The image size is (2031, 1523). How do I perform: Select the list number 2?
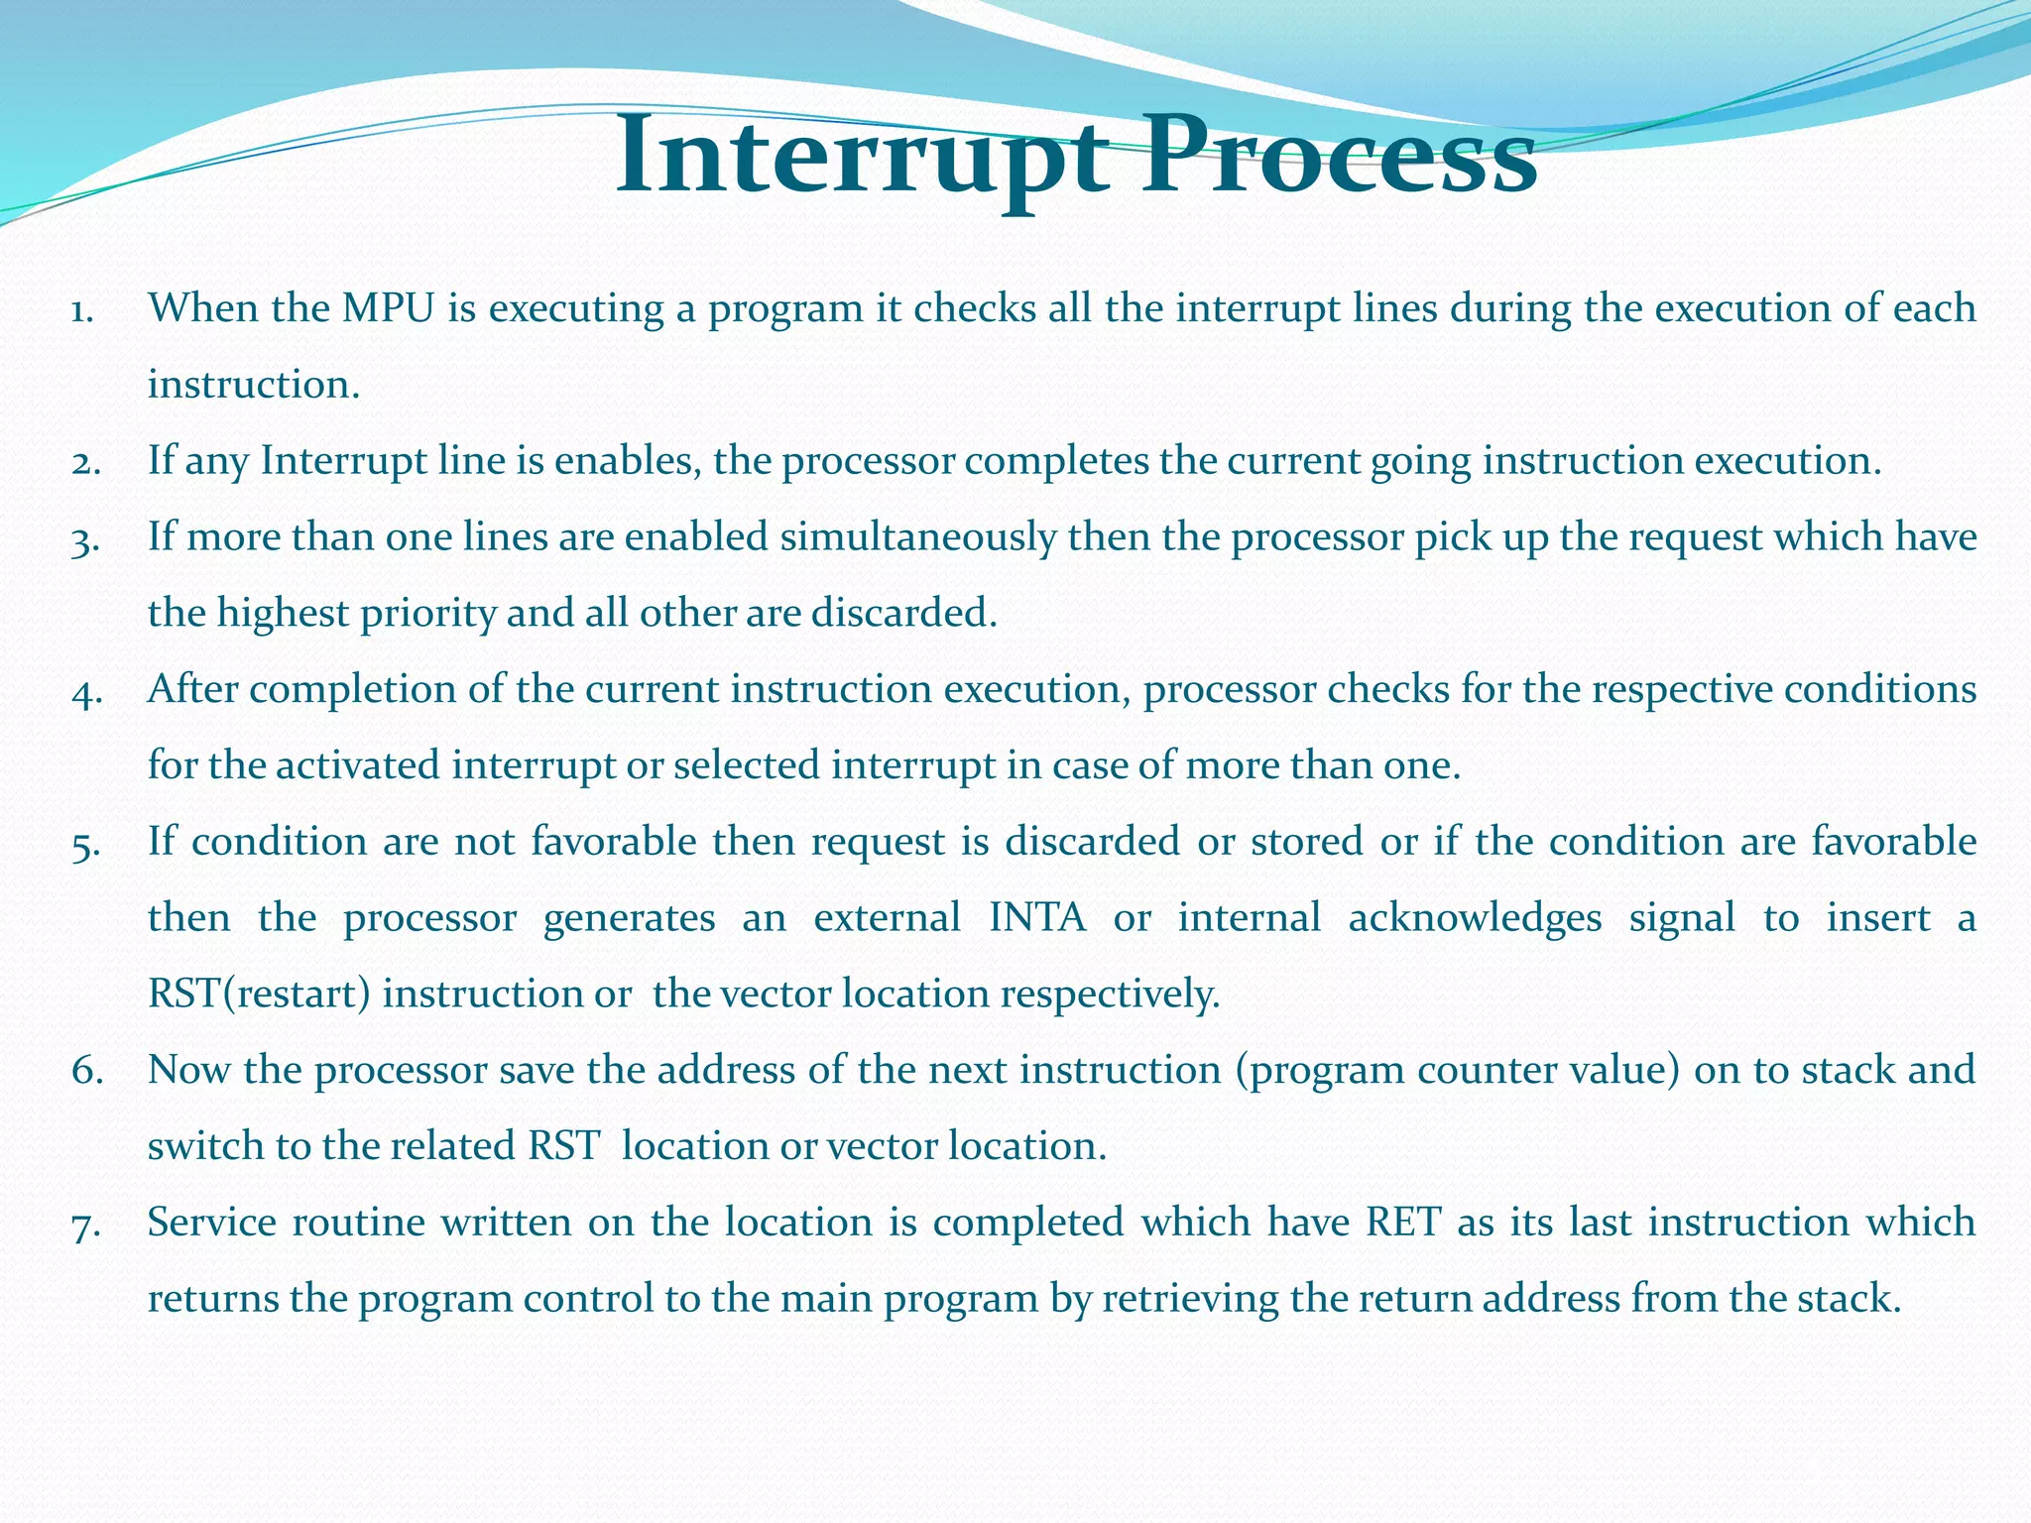86,463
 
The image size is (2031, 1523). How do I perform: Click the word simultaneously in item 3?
917,537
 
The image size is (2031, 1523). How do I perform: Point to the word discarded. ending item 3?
903,614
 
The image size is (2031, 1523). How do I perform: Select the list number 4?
86,691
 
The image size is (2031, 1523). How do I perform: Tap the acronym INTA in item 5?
1037,918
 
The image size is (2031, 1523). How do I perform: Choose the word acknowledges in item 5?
1475,918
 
